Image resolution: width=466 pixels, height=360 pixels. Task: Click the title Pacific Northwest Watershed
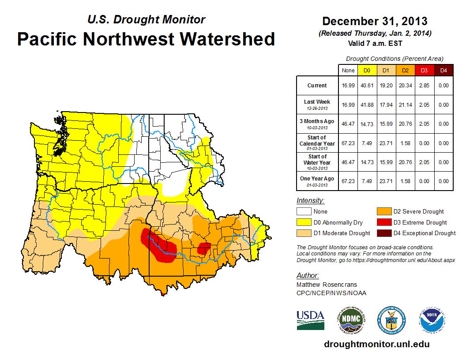click(146, 39)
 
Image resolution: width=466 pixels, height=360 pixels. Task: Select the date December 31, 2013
click(375, 21)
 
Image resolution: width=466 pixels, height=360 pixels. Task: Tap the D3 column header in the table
click(424, 70)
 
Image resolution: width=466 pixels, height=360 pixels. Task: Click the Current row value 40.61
click(367, 86)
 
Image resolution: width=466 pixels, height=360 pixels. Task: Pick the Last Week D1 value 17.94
click(386, 105)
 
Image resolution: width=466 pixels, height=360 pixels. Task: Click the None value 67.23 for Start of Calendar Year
click(348, 143)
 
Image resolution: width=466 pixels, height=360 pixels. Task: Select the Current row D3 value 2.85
click(424, 86)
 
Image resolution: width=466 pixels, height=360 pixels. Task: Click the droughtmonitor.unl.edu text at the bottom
click(377, 344)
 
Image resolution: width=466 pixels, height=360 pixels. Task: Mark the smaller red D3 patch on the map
click(203, 248)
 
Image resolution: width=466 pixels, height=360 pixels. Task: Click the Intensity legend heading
click(310, 200)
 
